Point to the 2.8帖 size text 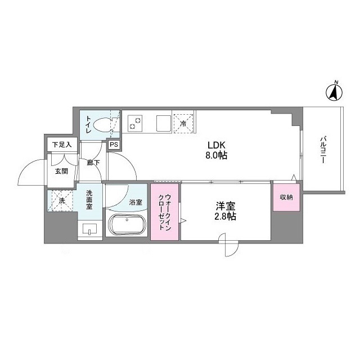(x=224, y=217)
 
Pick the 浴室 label (x=136, y=201)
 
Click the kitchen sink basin (x=163, y=121)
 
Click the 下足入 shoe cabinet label (x=61, y=145)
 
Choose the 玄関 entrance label (x=61, y=171)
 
